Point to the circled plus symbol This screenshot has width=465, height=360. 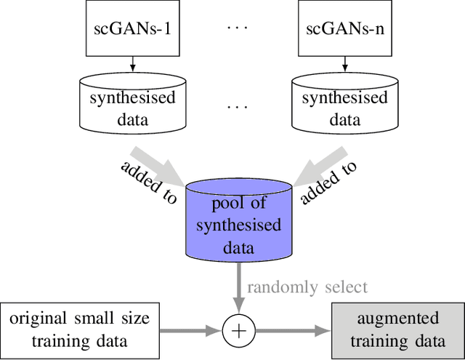(238, 331)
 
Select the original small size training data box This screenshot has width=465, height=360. (79, 329)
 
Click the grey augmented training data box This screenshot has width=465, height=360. (398, 329)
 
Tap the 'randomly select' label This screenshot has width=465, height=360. (307, 287)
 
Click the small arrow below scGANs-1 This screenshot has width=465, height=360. (133, 67)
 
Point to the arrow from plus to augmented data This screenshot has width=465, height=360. (291, 331)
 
